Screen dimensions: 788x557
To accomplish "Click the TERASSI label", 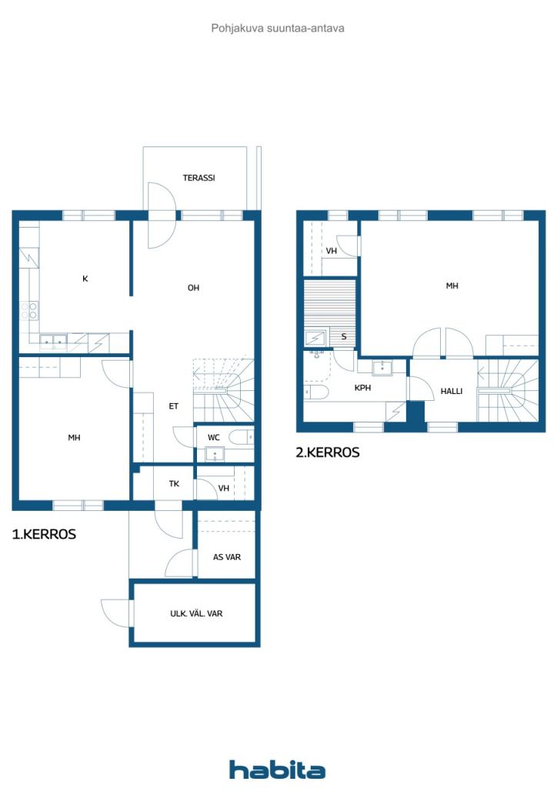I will (198, 178).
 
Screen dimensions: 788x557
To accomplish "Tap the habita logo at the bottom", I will (277, 770).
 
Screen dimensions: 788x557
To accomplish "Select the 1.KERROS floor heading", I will (44, 534).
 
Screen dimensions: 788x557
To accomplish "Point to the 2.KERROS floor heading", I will (328, 453).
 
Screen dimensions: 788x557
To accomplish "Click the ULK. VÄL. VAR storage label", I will (196, 614).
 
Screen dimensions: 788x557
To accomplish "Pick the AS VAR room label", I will (226, 556).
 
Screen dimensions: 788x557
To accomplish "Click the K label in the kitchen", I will (85, 279).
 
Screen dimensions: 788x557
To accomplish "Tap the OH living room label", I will (193, 288).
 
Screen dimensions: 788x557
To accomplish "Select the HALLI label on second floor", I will (452, 391).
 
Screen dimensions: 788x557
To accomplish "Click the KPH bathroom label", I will (362, 388).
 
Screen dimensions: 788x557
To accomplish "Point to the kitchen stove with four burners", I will (29, 310).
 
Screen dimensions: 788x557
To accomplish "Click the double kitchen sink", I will (53, 339).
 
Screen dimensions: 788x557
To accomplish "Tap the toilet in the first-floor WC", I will (242, 438).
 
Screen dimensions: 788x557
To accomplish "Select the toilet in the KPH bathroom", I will (316, 392).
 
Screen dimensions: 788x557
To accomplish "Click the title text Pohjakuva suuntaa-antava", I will (278, 28).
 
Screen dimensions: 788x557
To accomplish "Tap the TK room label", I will (175, 484).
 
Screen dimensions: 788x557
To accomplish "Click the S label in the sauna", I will (343, 336).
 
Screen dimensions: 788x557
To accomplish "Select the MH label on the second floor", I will (452, 285).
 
